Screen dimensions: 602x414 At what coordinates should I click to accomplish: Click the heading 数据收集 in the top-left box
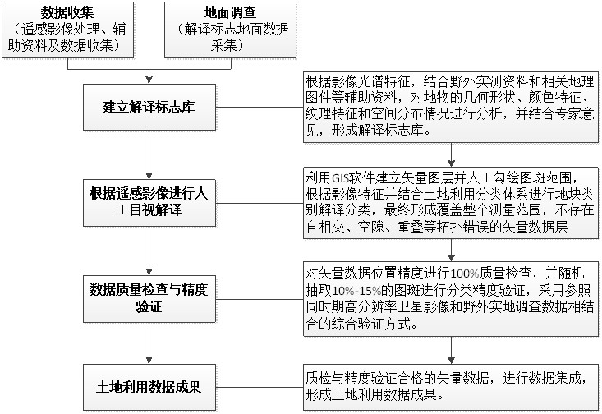point(67,13)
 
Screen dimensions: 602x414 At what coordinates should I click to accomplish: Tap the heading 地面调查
point(230,13)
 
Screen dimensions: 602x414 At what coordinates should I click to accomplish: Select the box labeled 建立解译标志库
point(149,107)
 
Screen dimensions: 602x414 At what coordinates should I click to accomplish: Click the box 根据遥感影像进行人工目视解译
point(149,202)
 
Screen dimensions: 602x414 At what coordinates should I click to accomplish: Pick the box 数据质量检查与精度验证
point(149,298)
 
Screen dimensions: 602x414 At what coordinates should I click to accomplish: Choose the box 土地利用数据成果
point(149,387)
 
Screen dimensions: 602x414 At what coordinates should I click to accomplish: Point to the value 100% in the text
point(465,274)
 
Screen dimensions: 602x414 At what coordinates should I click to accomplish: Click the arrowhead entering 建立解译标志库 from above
point(149,80)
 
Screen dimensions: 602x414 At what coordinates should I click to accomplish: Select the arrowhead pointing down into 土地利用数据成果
point(149,361)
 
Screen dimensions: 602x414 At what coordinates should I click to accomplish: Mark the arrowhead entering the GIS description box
point(451,163)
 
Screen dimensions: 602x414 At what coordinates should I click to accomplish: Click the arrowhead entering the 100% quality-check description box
point(451,257)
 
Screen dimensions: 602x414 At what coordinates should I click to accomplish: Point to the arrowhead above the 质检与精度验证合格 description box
point(451,360)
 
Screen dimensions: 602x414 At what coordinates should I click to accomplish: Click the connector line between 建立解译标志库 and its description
point(260,107)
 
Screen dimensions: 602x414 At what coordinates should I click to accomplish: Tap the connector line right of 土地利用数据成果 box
point(260,387)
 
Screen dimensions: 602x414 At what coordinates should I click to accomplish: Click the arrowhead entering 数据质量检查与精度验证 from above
point(149,271)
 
